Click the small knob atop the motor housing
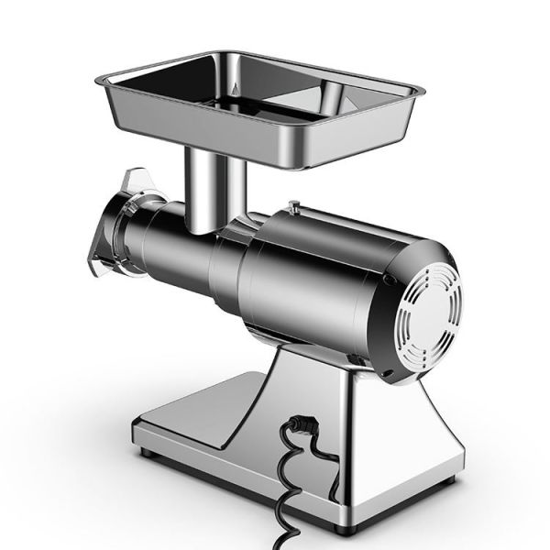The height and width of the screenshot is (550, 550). pos(292,208)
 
